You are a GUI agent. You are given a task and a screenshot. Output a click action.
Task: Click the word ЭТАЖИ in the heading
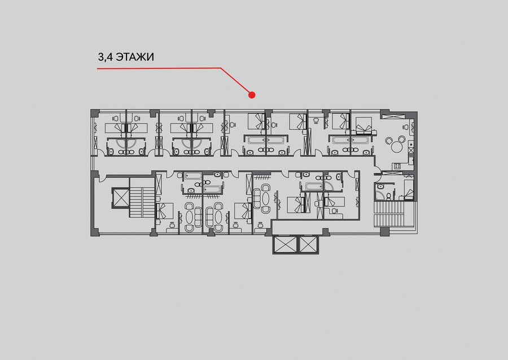coord(135,57)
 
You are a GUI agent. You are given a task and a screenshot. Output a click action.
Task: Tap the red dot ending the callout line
coord(252,95)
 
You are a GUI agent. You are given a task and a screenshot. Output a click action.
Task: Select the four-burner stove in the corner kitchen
coord(397,166)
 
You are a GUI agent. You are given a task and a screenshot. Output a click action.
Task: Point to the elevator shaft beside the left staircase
coord(120,197)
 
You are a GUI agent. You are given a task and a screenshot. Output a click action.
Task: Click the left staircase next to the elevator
coord(142,197)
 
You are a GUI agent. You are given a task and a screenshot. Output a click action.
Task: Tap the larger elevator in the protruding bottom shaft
coord(286,244)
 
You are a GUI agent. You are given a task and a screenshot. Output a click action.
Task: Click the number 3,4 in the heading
coord(106,58)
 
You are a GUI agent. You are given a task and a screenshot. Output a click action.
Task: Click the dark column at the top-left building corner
coord(94,113)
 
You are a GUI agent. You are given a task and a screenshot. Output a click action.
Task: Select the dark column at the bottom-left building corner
coord(94,232)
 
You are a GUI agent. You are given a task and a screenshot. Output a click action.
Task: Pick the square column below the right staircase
coord(384,231)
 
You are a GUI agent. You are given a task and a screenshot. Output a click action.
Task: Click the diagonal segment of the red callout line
coord(236,81)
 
